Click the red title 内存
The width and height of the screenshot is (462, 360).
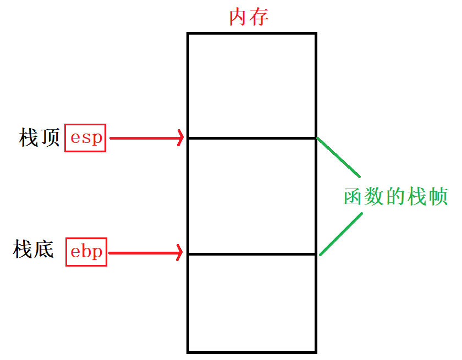[249, 17]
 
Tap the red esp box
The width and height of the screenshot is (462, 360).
[85, 137]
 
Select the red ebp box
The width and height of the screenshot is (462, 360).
[86, 252]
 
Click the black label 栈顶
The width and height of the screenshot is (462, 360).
[39, 137]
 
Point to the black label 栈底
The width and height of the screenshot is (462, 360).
[34, 250]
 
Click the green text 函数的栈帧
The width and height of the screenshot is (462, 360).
[395, 196]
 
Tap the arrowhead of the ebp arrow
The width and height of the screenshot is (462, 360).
[179, 253]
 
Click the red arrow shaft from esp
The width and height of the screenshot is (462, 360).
[143, 138]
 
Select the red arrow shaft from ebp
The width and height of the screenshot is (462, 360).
[143, 253]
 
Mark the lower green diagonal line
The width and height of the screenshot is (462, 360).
[341, 234]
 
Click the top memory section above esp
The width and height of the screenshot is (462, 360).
[252, 85]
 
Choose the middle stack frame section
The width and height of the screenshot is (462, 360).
[252, 196]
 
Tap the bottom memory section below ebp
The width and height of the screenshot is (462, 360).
[252, 302]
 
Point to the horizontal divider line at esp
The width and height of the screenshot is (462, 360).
[252, 138]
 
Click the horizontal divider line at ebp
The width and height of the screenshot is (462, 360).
[252, 254]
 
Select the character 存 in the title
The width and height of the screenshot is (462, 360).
[259, 17]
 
